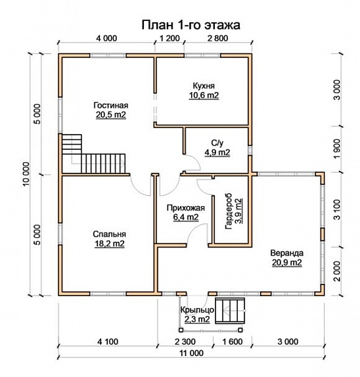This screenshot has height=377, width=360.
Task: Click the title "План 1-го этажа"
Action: [x=191, y=25]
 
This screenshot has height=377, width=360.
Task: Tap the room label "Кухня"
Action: [x=204, y=86]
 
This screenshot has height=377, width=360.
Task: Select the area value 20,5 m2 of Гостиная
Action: [x=111, y=115]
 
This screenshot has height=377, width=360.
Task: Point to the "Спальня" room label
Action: [x=110, y=234]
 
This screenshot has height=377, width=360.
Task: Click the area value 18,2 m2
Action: [x=110, y=244]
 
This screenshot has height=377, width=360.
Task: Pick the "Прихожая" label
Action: [x=186, y=208]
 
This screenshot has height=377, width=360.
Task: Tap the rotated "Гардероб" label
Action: [x=229, y=211]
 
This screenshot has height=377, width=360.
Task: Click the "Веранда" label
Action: [x=287, y=253]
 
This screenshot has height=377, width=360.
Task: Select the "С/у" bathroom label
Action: [x=217, y=143]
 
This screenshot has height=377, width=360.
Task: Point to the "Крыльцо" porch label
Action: [x=197, y=310]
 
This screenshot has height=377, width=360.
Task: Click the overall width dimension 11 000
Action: [x=191, y=353]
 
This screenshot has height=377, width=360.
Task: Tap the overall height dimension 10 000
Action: [x=26, y=174]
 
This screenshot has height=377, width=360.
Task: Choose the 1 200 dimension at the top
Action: [x=169, y=38]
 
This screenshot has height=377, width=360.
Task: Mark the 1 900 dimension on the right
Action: [x=337, y=149]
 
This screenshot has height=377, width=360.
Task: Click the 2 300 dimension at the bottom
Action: [x=185, y=342]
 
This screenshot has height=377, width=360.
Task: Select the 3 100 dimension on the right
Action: [x=337, y=210]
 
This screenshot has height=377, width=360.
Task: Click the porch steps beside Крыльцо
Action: [x=231, y=311]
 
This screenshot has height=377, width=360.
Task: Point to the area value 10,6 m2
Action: [x=204, y=95]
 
